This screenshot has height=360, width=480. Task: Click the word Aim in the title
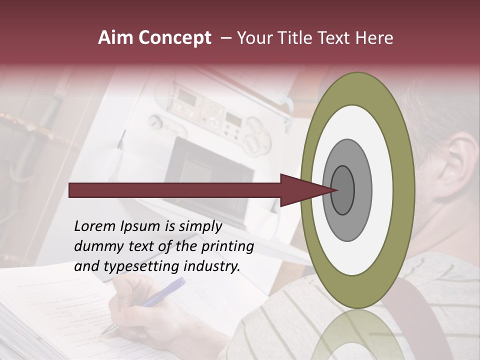tap(116, 38)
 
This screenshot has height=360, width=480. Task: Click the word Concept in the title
tap(174, 38)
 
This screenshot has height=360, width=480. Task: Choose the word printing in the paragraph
tap(228, 247)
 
